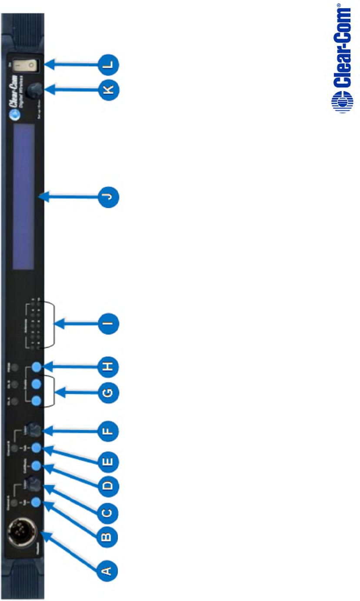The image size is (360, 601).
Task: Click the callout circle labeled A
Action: (107, 568)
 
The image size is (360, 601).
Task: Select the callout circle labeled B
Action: (107, 537)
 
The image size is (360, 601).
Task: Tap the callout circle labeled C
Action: (107, 513)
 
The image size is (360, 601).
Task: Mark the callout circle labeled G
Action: (107, 393)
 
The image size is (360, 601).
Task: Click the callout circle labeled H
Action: (107, 366)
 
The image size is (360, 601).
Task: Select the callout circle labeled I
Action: (107, 323)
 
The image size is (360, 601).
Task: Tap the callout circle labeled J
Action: (107, 197)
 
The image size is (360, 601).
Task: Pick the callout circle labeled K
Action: (107, 90)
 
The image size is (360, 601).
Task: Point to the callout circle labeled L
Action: (107, 65)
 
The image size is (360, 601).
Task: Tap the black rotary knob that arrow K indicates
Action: (33, 90)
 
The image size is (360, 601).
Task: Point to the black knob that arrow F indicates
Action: (35, 430)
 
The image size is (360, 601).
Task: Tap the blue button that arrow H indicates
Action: (37, 367)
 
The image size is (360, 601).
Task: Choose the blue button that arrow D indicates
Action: (37, 465)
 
